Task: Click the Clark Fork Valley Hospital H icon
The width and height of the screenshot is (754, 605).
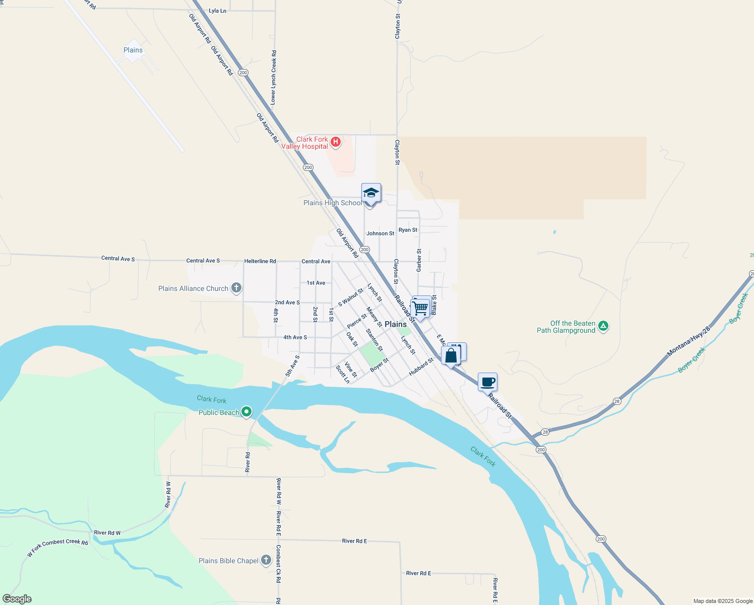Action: (x=335, y=142)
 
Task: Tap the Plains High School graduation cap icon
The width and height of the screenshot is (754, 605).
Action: (x=371, y=193)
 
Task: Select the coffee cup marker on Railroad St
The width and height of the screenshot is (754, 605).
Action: (x=487, y=382)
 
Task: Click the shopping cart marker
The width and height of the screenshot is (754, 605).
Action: (x=420, y=307)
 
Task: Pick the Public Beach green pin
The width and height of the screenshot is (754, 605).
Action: (x=246, y=412)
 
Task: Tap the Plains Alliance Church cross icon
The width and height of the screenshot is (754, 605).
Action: (x=236, y=288)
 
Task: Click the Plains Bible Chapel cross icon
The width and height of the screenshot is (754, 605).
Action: (x=266, y=560)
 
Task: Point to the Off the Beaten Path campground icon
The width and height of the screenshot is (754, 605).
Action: (x=603, y=326)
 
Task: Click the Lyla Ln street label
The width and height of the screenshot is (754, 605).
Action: (x=217, y=11)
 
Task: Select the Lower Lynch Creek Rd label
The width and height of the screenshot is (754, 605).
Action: (x=273, y=78)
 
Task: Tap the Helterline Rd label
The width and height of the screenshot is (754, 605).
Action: (x=260, y=261)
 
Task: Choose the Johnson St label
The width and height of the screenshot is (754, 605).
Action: (x=380, y=233)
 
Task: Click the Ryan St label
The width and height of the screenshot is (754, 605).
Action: (x=408, y=230)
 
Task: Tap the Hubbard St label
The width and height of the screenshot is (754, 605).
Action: (x=421, y=367)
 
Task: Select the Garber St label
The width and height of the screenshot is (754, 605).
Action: (x=419, y=260)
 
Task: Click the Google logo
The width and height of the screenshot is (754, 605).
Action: (x=17, y=599)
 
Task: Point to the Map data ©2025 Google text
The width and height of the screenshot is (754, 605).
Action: (x=723, y=601)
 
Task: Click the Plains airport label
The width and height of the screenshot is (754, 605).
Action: (x=133, y=50)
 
